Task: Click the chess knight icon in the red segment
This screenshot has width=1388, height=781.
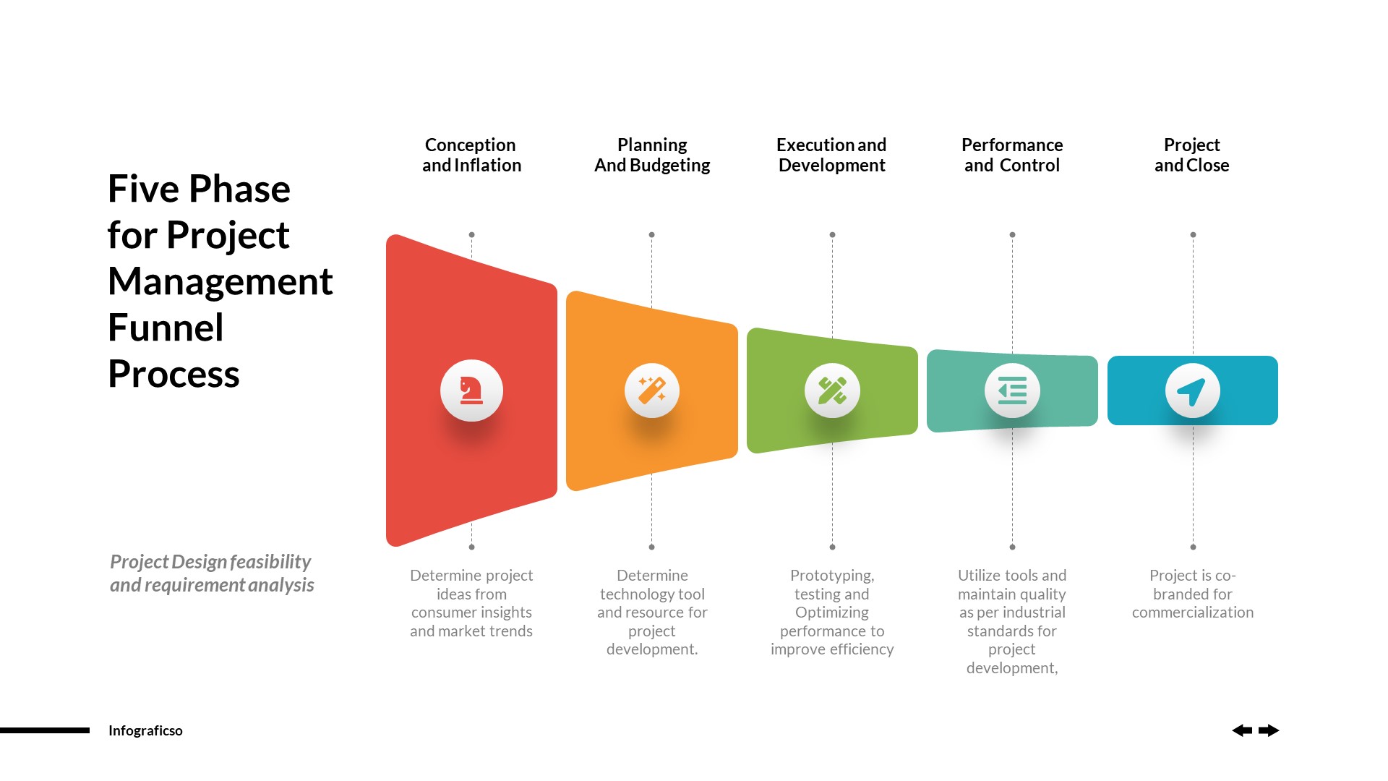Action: click(471, 390)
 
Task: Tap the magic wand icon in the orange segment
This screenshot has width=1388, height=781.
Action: click(652, 390)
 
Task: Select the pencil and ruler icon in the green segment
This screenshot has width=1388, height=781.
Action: click(832, 390)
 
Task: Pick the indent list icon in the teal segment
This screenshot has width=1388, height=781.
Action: click(1012, 390)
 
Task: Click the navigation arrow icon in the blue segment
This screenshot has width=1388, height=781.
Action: click(1192, 391)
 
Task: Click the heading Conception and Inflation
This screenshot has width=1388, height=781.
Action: click(471, 155)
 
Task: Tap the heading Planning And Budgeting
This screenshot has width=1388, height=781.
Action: click(652, 155)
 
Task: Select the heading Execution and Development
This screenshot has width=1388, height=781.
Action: click(831, 155)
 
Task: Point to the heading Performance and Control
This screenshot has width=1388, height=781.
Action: click(1012, 155)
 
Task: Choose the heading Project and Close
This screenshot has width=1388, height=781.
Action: click(1191, 155)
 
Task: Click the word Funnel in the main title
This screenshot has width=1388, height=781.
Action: click(166, 328)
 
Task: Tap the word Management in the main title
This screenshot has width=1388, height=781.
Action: click(220, 281)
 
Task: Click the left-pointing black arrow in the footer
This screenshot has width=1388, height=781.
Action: click(1242, 730)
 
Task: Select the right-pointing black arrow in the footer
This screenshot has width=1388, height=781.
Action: click(1269, 730)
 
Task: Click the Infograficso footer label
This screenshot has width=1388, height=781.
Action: click(145, 730)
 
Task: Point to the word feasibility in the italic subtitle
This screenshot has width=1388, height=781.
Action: click(270, 562)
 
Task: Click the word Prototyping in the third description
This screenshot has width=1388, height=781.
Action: click(831, 576)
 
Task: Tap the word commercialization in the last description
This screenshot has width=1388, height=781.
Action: click(1192, 613)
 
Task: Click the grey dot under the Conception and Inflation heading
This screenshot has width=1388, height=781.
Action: click(471, 235)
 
